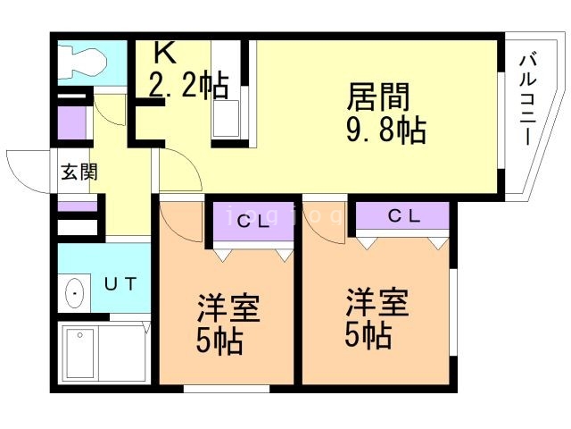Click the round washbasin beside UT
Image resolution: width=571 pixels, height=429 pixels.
(75, 293)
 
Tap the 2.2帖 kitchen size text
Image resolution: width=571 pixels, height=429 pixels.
(188, 87)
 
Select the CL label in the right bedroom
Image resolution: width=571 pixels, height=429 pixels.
(404, 215)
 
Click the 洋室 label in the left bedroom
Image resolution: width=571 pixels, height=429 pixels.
(228, 310)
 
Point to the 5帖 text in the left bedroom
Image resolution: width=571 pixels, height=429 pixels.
(219, 341)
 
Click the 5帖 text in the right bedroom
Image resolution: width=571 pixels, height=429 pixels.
(368, 336)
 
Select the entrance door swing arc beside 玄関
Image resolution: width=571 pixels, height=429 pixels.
(25, 170)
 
